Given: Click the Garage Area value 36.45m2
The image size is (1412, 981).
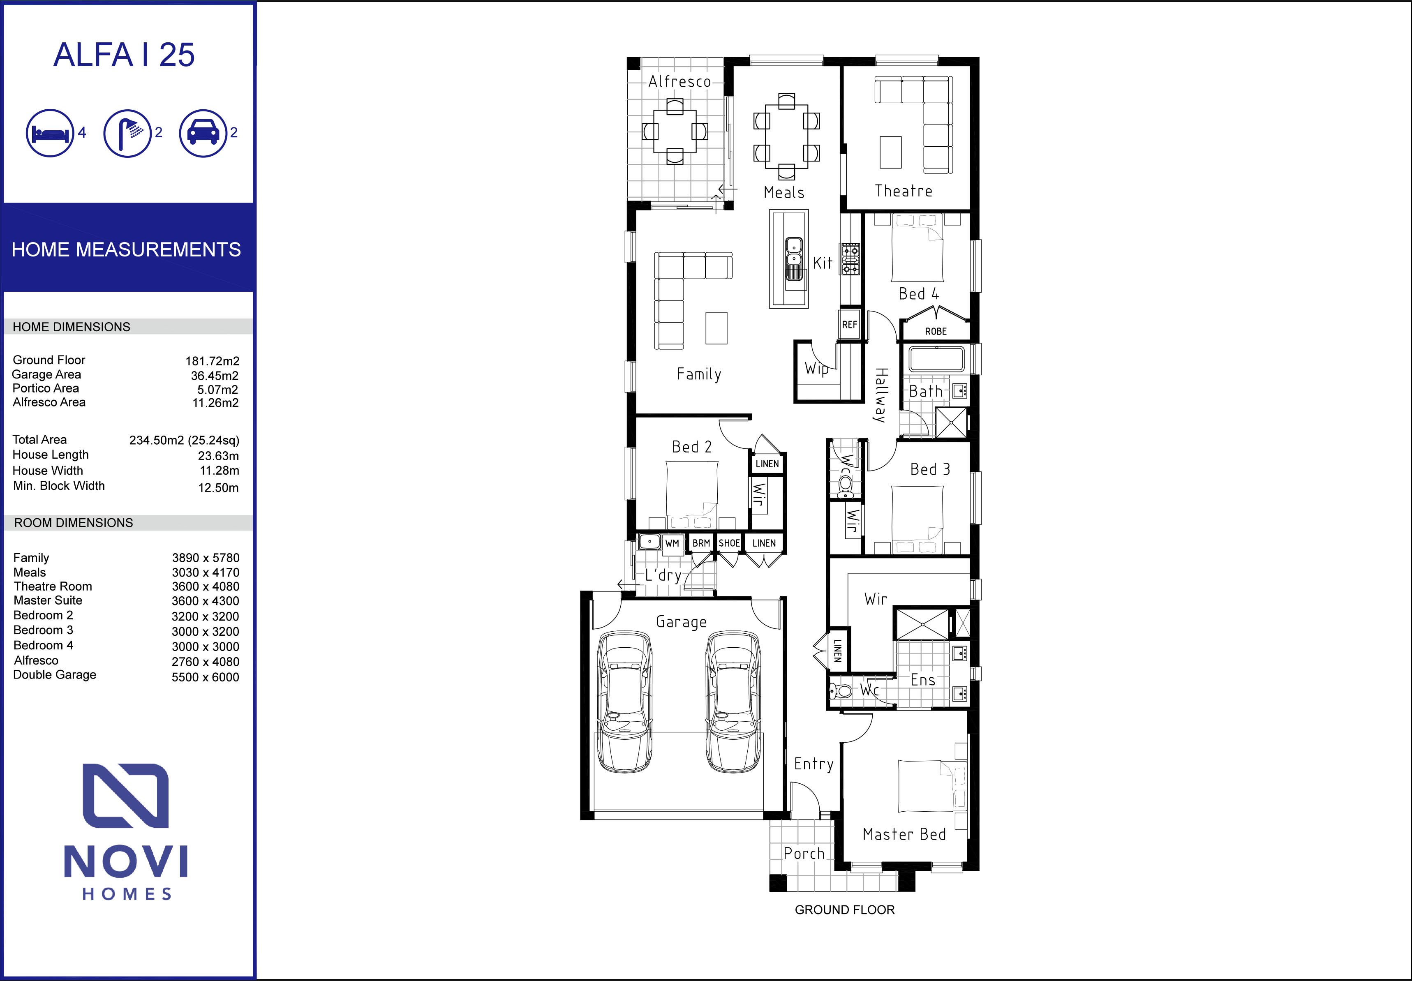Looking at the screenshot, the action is pos(215,376).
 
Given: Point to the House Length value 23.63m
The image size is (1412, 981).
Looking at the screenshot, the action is pos(218,455).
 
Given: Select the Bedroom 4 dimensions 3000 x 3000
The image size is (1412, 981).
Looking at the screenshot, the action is pos(205,646).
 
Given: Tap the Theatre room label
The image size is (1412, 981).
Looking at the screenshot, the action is pos(903,191).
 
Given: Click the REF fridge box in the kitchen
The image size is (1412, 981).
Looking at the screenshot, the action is pos(850,325).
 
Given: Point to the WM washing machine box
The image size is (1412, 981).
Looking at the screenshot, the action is pos(672,543).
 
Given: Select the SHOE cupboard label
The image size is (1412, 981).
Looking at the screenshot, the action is pos(729,543).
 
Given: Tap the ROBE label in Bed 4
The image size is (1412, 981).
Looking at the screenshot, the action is pos(936,331).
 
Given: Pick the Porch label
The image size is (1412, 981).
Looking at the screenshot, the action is pos(804,854).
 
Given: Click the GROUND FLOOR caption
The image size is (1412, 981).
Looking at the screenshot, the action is pos(845,910).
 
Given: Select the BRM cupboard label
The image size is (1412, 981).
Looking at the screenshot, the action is pos(701,543).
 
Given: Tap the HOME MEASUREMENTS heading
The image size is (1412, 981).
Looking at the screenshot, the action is pos(126,249).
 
